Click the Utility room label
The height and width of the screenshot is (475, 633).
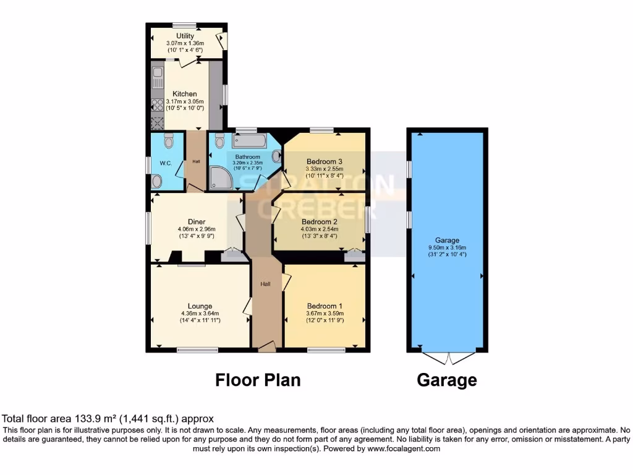[x=185, y=36]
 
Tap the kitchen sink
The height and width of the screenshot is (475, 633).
[x=157, y=77]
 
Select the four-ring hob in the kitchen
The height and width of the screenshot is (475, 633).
[x=157, y=105]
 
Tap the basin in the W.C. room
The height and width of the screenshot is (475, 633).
[x=157, y=181]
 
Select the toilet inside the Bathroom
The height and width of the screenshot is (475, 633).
[x=219, y=142]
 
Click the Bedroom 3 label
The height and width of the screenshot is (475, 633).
[x=324, y=161]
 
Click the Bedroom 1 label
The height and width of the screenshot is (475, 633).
[x=325, y=306]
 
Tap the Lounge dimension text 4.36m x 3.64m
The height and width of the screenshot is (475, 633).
[x=200, y=314]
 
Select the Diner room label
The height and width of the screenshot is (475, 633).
[x=197, y=221]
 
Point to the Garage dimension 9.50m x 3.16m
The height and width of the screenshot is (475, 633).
[x=446, y=247]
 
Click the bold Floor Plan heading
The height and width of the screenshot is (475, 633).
[x=258, y=380]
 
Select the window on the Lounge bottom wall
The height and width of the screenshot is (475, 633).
[x=197, y=350]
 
